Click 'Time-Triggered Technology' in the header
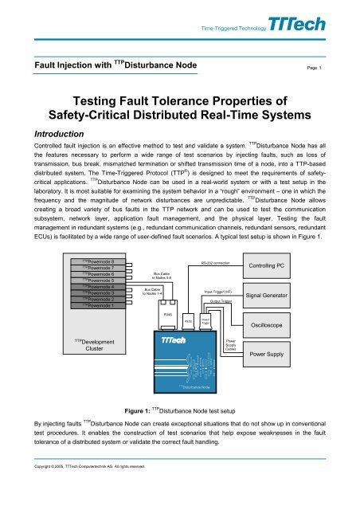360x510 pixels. tap(233, 26)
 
